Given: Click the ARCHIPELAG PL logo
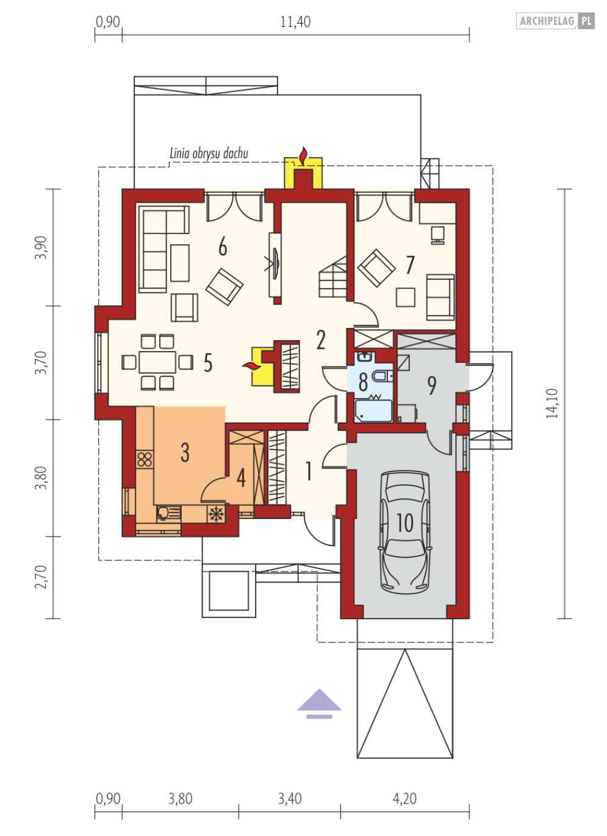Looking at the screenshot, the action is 555,21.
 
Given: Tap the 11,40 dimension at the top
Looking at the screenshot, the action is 295,22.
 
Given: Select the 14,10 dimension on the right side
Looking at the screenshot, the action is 552,404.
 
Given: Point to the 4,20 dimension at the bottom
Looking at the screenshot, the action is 404,799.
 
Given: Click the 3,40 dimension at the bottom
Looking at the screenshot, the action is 290,799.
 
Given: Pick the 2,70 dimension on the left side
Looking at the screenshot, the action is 41,577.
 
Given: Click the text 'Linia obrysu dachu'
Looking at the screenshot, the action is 209,153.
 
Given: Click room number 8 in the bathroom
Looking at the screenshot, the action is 363,382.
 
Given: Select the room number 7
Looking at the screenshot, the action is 410,264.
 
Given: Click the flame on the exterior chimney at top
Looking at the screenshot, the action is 304,156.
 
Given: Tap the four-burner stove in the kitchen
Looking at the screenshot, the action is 145,459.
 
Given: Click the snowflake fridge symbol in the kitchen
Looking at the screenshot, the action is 216,515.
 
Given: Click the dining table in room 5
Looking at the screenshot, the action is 157,362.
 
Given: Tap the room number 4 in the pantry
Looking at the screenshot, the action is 241,478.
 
